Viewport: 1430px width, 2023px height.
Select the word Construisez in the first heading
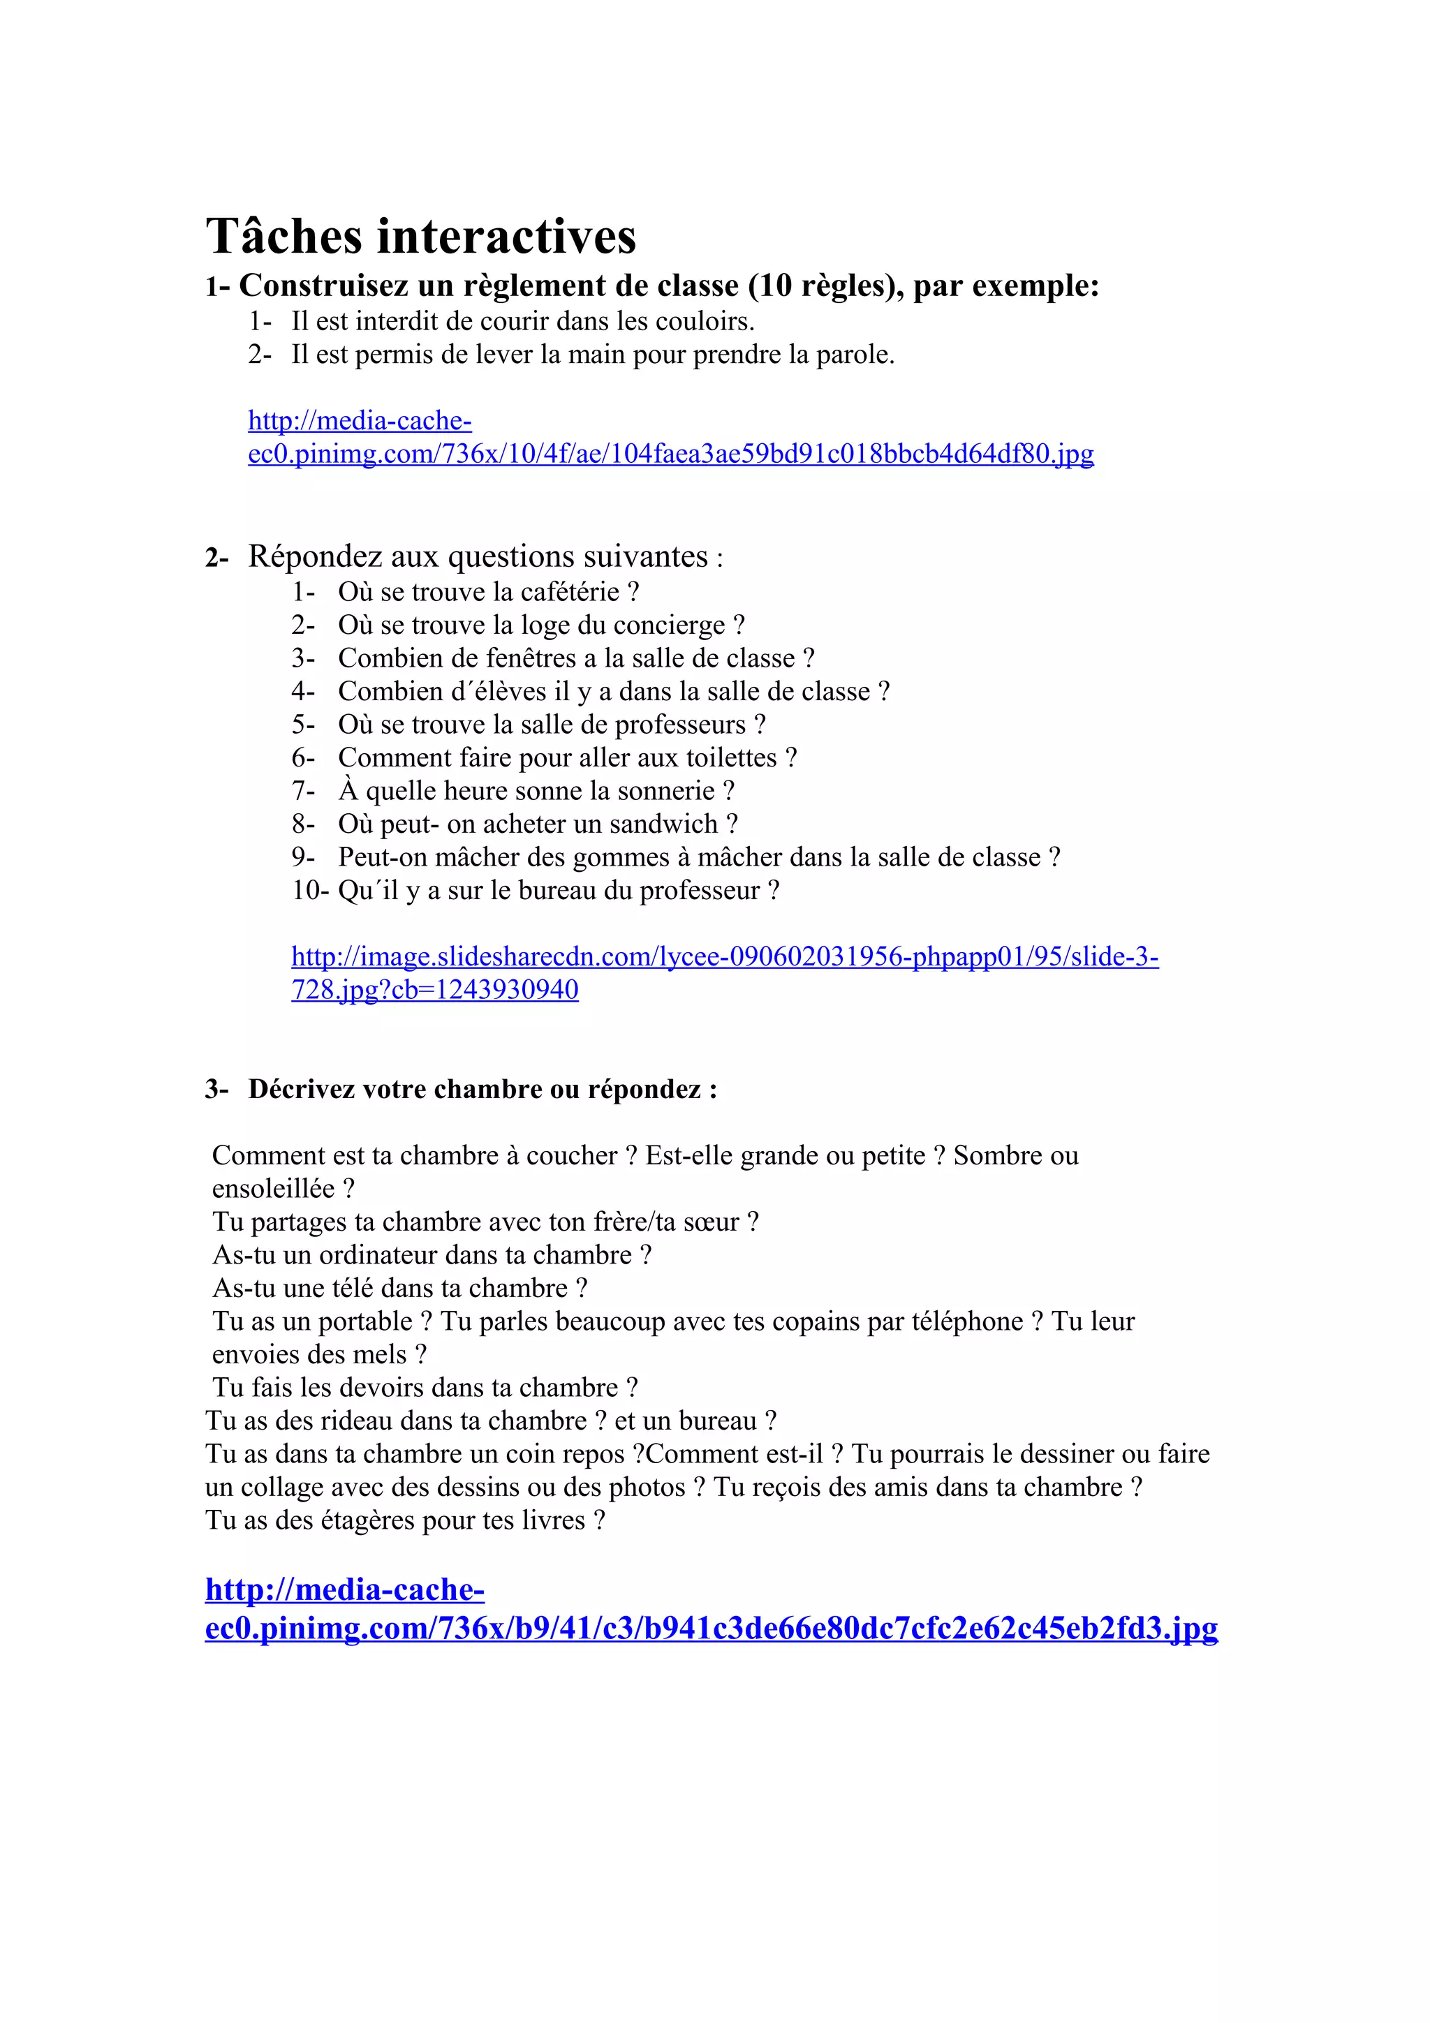coord(323,286)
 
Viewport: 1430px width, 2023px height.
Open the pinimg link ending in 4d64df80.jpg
coord(670,454)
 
